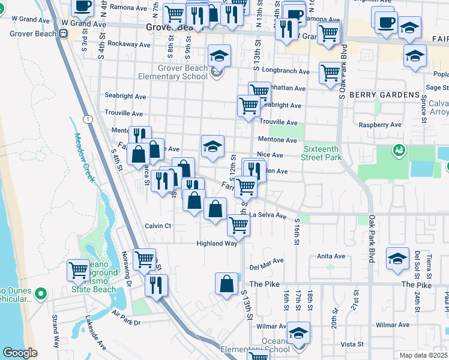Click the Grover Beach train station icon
coord(62,34)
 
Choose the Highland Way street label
coord(217,244)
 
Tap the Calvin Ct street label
coord(158,226)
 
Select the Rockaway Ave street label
coord(128,44)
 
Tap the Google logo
coord(20,353)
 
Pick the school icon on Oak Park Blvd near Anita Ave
coord(397,258)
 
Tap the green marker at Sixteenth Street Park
coord(397,149)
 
